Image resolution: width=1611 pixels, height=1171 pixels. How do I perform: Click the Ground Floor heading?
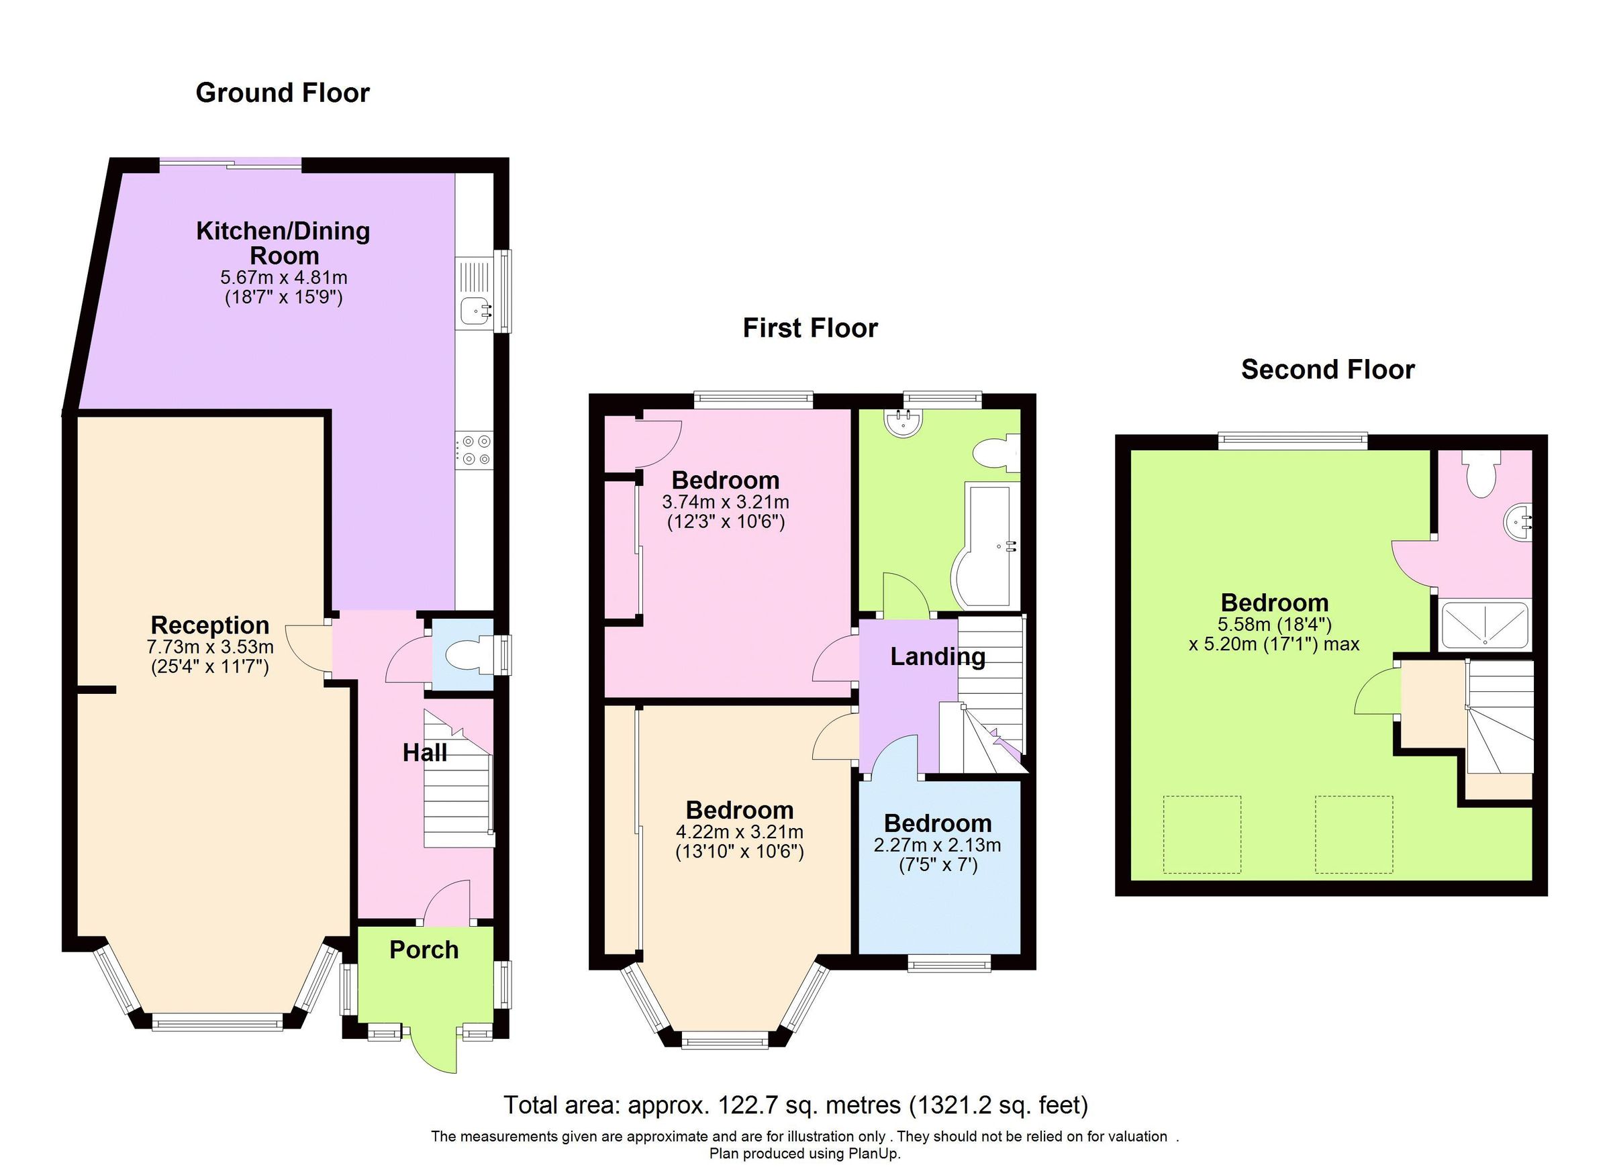[x=282, y=93]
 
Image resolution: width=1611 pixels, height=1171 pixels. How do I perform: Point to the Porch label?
[x=424, y=950]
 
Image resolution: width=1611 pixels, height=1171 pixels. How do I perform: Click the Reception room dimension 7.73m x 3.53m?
[x=210, y=647]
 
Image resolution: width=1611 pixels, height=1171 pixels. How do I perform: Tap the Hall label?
[x=425, y=752]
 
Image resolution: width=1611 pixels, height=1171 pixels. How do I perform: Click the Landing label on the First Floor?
[x=937, y=656]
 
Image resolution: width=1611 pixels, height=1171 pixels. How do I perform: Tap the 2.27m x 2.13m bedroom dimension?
[x=937, y=845]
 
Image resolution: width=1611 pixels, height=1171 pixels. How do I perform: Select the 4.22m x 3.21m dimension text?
[x=740, y=831]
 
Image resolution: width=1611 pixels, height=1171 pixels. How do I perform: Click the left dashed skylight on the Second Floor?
[x=1202, y=833]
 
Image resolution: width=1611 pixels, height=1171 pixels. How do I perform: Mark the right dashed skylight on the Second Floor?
[x=1353, y=833]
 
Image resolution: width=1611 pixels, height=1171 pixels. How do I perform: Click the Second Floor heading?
[x=1327, y=369]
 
